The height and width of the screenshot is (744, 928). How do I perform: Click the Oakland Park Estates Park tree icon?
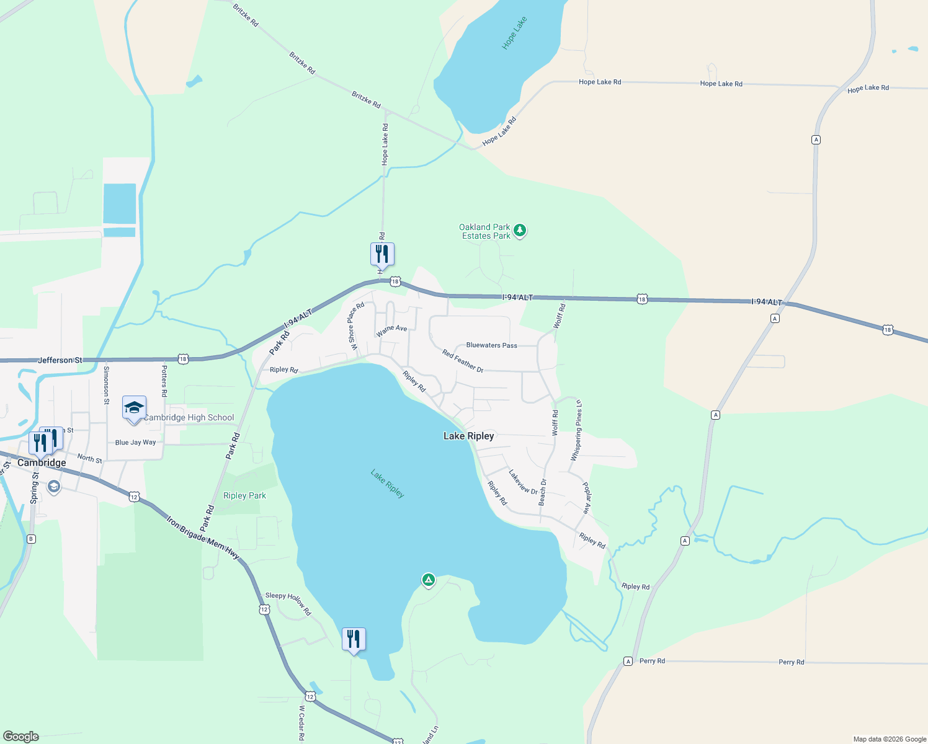520,231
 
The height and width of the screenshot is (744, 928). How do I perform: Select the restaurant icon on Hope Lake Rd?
382,254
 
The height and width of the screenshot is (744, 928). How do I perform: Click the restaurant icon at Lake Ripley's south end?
354,639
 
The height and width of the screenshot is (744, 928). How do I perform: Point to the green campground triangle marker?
428,580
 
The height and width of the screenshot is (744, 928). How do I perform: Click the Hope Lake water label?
514,33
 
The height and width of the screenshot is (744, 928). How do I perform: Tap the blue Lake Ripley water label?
388,484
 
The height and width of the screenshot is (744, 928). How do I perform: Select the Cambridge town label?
42,463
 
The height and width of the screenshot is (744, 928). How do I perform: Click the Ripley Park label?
244,495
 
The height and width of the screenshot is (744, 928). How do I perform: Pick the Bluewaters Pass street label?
491,345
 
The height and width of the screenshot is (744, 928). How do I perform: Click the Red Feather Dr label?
463,360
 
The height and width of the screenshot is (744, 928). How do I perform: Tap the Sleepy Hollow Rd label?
288,603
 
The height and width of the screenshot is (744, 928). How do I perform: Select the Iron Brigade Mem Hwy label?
203,537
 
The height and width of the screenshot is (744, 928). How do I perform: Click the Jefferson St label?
60,360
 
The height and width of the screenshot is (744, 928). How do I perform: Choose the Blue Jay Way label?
135,442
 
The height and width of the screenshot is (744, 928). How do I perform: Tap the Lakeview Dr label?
523,482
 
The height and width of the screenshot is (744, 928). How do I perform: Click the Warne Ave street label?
391,330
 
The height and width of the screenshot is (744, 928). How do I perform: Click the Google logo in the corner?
21,737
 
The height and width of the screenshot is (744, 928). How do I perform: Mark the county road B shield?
31,539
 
